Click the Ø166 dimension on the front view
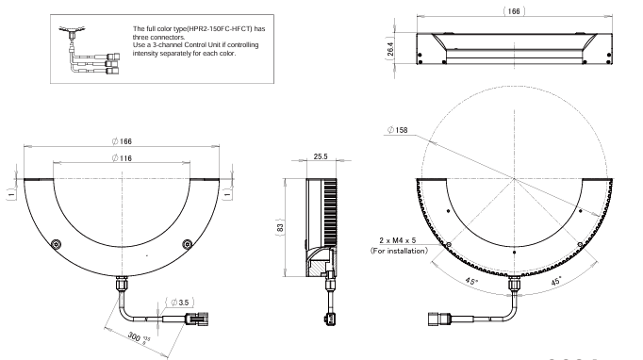pos(122,141)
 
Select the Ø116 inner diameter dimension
pos(122,158)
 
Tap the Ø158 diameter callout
pos(398,130)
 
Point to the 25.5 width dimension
pos(321,156)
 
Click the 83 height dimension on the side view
pos(281,227)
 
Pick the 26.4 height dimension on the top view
pos(390,49)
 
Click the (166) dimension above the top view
pos(514,11)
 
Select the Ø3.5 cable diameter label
pos(180,303)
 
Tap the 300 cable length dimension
pos(139,337)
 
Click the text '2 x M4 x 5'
pos(397,240)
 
